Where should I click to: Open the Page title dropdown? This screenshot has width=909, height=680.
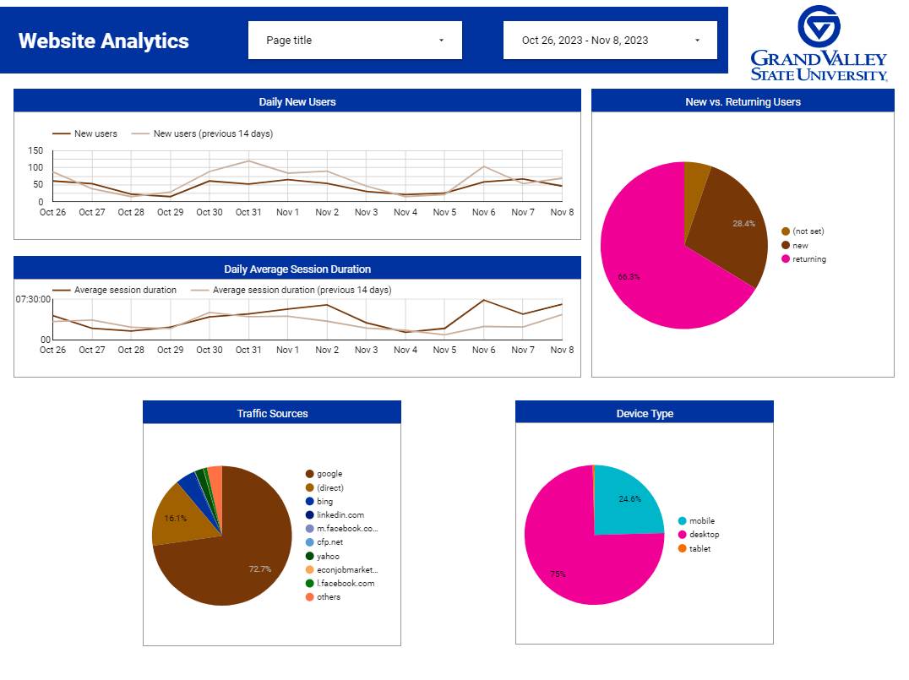tap(355, 41)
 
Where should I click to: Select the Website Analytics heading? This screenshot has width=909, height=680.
tap(104, 41)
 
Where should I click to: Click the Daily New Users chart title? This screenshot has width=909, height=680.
tap(297, 102)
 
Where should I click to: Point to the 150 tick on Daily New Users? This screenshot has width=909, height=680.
tap(35, 150)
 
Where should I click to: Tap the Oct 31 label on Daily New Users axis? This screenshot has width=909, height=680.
tap(248, 212)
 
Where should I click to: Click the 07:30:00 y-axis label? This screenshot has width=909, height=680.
tap(33, 299)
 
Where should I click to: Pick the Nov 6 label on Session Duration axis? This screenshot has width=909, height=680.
tap(483, 350)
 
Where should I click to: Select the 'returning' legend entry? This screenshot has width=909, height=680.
tap(808, 259)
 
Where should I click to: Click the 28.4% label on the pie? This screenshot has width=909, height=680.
tap(743, 224)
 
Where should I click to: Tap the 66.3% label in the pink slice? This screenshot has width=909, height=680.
tap(629, 276)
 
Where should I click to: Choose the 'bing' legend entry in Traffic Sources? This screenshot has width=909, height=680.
tap(324, 502)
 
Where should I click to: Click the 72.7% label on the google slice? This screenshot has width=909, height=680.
tap(260, 569)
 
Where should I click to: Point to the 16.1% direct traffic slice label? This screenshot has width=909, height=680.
tap(175, 518)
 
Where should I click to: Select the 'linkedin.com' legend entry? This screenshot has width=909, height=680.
tap(340, 515)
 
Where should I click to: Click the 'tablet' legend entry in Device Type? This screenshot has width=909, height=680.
tap(699, 548)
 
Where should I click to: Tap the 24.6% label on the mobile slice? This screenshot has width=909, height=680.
tap(630, 499)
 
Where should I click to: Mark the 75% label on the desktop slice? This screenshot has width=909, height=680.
tap(558, 574)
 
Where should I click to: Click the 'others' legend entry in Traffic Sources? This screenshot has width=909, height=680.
tap(329, 597)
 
